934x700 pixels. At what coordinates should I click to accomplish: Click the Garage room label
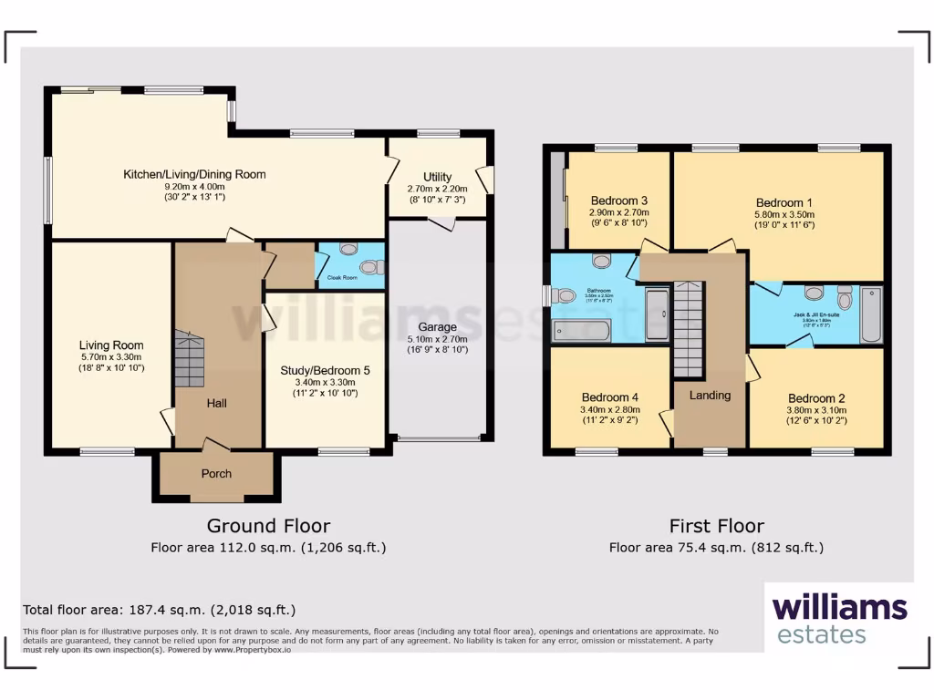pyautogui.click(x=437, y=326)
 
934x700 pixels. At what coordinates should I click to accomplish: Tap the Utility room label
pyautogui.click(x=437, y=177)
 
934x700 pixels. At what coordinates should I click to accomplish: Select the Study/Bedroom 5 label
pyautogui.click(x=324, y=370)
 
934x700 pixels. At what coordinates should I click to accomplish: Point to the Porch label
pyautogui.click(x=216, y=474)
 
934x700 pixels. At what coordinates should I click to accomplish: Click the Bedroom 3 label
pyautogui.click(x=619, y=201)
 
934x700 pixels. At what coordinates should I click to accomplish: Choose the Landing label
pyautogui.click(x=710, y=396)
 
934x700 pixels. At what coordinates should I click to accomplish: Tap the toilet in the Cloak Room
pyautogui.click(x=369, y=267)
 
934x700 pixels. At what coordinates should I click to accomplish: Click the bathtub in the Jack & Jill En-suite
pyautogui.click(x=871, y=314)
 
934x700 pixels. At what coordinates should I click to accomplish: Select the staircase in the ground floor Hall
pyautogui.click(x=189, y=360)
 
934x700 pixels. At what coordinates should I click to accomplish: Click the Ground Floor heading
pyautogui.click(x=268, y=526)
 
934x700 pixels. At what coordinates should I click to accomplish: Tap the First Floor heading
pyautogui.click(x=716, y=526)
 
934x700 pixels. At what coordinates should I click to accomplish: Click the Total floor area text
pyautogui.click(x=159, y=610)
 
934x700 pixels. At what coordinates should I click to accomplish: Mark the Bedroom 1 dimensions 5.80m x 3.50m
pyautogui.click(x=784, y=215)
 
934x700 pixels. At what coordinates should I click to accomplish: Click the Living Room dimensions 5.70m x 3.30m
pyautogui.click(x=110, y=357)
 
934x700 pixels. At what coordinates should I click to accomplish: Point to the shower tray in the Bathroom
pyautogui.click(x=657, y=314)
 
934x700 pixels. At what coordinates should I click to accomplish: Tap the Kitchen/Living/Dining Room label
pyautogui.click(x=195, y=174)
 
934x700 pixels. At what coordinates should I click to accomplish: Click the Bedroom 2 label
pyautogui.click(x=812, y=398)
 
